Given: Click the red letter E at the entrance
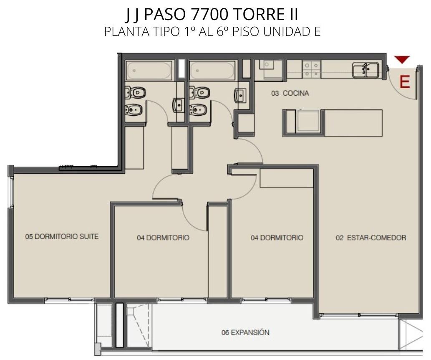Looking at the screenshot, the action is click(x=405, y=82).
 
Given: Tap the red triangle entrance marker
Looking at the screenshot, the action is click(x=402, y=59).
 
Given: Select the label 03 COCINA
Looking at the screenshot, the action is click(x=290, y=93).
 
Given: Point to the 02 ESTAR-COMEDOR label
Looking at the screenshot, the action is click(x=371, y=238).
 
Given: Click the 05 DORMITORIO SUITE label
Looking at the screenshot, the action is click(x=62, y=236).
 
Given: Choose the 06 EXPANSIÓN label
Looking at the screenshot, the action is click(x=245, y=332).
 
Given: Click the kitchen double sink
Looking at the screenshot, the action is click(x=365, y=70).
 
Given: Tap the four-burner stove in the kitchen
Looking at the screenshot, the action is click(x=311, y=69).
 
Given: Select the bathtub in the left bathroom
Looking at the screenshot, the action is click(x=149, y=71).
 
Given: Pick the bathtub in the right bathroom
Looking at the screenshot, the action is click(x=212, y=71).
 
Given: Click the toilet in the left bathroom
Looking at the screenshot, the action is click(x=135, y=92).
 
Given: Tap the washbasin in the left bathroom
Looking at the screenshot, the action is click(x=178, y=105).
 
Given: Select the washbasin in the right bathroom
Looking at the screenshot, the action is click(x=240, y=95).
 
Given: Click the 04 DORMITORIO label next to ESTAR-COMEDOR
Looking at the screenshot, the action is click(x=277, y=238).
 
